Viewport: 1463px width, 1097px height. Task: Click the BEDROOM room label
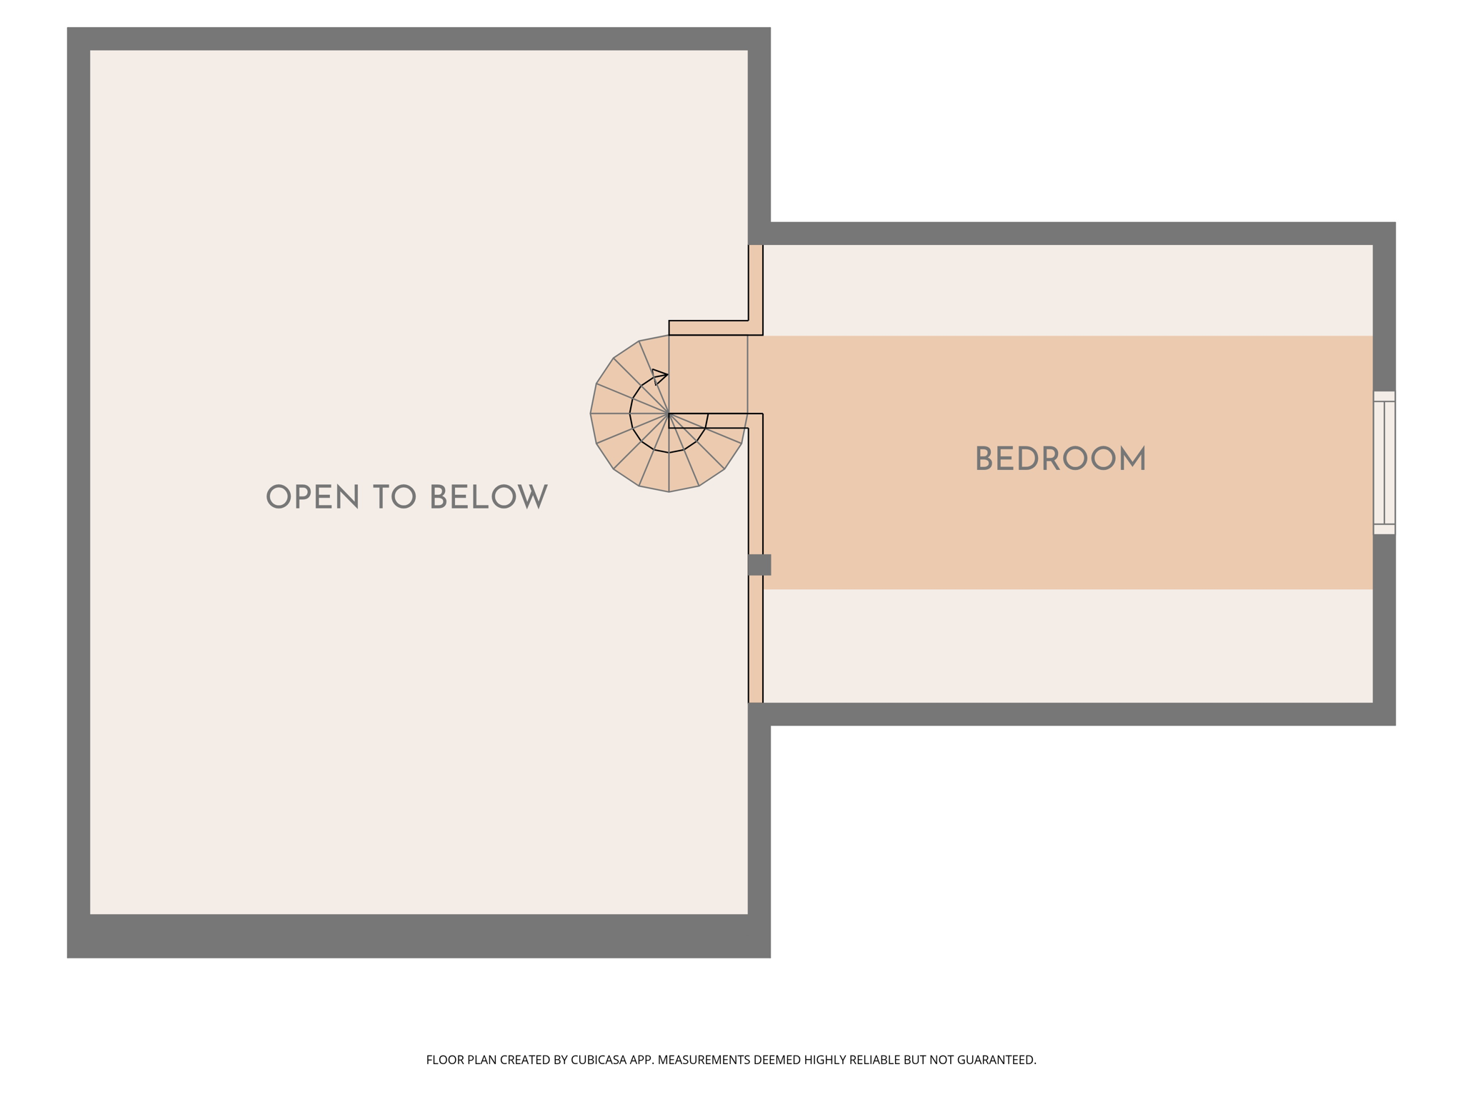click(x=1060, y=459)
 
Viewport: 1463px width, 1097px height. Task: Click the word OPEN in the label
click(x=312, y=497)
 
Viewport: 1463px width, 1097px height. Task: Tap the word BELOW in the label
click(x=489, y=497)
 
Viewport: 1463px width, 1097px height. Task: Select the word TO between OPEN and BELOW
click(x=394, y=497)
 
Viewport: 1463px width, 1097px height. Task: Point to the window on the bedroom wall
click(x=1384, y=462)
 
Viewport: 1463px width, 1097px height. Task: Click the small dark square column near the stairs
click(x=759, y=564)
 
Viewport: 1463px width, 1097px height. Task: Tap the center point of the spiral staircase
click(x=669, y=414)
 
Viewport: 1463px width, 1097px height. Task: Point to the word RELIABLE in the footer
click(x=877, y=1060)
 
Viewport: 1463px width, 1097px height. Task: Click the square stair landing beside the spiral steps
click(x=708, y=374)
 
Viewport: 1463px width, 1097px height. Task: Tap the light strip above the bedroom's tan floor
click(x=1067, y=290)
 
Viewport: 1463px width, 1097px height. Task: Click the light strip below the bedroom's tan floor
click(x=1067, y=646)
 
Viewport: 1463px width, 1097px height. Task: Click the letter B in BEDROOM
click(x=984, y=459)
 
